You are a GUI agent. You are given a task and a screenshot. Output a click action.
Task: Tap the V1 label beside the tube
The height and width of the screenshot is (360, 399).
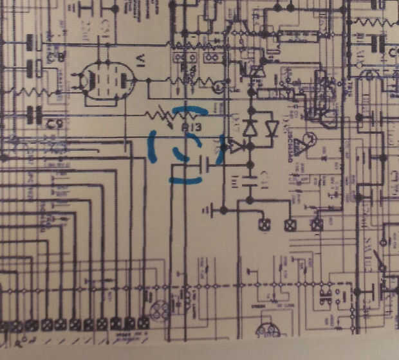141,61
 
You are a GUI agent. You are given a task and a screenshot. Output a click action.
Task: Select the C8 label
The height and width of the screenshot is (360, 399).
56,59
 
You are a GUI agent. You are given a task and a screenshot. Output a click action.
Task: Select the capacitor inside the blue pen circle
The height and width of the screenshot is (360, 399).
203,166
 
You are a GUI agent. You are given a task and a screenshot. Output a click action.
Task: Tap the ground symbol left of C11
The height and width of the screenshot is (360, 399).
209,210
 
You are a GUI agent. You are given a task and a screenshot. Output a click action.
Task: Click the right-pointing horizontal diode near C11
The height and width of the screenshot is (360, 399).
236,147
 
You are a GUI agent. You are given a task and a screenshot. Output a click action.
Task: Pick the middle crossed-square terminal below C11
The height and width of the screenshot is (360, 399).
290,224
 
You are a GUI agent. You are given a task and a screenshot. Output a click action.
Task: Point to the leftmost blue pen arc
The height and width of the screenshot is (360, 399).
153,144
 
